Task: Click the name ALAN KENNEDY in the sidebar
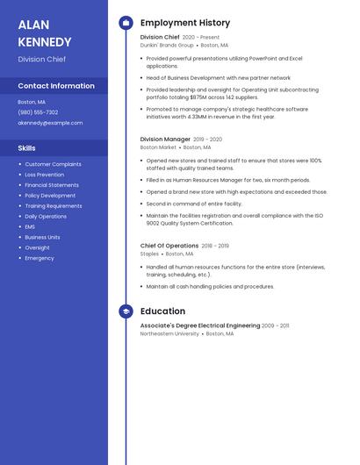pyautogui.click(x=45, y=33)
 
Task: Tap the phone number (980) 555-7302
pyautogui.click(x=38, y=112)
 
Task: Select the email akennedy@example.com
pyautogui.click(x=50, y=123)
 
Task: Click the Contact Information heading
pyautogui.click(x=56, y=86)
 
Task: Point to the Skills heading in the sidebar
pyautogui.click(x=27, y=148)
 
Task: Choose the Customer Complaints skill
pyautogui.click(x=53, y=164)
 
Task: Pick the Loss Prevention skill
pyautogui.click(x=44, y=175)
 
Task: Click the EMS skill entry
pyautogui.click(x=31, y=226)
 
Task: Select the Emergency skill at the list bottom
pyautogui.click(x=40, y=258)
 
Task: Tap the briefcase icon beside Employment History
pyautogui.click(x=126, y=23)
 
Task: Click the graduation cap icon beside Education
pyautogui.click(x=126, y=311)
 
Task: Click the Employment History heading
pyautogui.click(x=185, y=23)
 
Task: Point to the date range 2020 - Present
pyautogui.click(x=201, y=38)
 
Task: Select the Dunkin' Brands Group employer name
pyautogui.click(x=167, y=45)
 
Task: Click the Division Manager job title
pyautogui.click(x=165, y=139)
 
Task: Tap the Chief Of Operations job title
pyautogui.click(x=169, y=246)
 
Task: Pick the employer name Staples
pyautogui.click(x=149, y=254)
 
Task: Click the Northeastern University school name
pyautogui.click(x=169, y=333)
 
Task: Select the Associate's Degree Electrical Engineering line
pyautogui.click(x=200, y=325)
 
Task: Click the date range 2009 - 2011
pyautogui.click(x=275, y=325)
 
